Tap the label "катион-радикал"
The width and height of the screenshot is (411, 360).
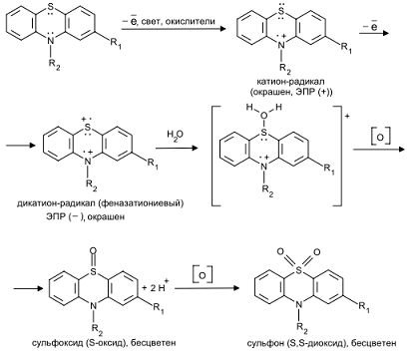pos(291,82)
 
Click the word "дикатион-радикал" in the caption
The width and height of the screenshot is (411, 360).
pos(55,202)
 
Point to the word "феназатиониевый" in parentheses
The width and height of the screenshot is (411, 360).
pos(140,202)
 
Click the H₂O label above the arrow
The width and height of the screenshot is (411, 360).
pos(175,136)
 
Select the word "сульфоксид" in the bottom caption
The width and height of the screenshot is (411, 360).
pos(58,342)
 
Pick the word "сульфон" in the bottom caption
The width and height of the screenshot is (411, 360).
pos(265,342)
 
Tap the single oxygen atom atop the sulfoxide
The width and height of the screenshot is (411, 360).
pos(94,250)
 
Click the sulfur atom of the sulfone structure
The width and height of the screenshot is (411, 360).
pos(298,271)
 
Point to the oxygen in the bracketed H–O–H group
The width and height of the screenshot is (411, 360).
pos(263,116)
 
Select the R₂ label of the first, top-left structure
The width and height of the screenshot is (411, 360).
pos(54,64)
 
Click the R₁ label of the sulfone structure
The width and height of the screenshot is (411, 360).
pos(364,306)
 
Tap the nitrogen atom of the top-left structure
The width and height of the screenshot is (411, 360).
pos(50,40)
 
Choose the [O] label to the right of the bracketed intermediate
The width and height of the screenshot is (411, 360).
pos(381,137)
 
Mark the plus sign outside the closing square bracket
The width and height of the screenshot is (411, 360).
pos(348,116)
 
